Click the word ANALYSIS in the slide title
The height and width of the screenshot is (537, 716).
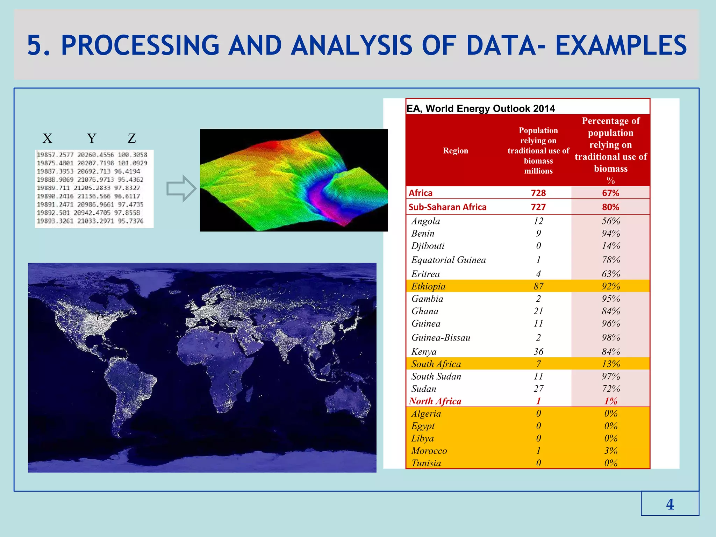tap(352, 45)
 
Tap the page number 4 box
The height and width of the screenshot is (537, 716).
tap(670, 504)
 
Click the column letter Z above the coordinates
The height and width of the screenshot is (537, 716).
tap(132, 138)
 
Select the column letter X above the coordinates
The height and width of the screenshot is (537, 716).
tap(47, 138)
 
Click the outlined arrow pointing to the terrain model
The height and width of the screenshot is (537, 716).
tap(181, 188)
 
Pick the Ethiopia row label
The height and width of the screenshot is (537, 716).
tap(428, 286)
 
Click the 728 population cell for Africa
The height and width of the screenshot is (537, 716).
tap(538, 193)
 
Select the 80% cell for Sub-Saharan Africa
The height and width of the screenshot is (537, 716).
tap(610, 207)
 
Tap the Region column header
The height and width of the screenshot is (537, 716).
tap(455, 151)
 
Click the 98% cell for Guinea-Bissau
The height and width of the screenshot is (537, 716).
tap(610, 338)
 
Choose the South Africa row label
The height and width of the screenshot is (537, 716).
tap(436, 364)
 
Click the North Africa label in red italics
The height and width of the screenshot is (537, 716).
tap(435, 401)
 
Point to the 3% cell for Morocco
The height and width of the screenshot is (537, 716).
tap(610, 451)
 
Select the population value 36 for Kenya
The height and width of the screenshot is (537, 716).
tap(538, 352)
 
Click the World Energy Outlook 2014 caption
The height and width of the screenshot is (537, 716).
tap(481, 108)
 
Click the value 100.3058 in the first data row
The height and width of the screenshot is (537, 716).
tap(133, 155)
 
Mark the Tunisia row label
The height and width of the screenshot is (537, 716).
tap(426, 463)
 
